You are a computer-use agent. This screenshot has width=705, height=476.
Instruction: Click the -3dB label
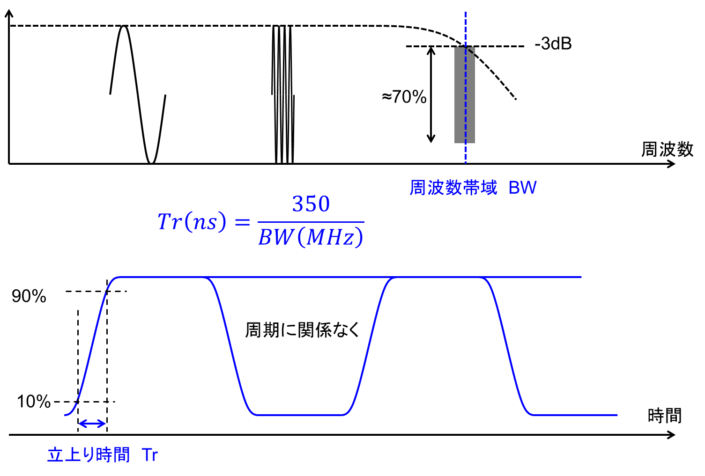[x=553, y=44]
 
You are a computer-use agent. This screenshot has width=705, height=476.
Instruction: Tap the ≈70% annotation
[x=404, y=96]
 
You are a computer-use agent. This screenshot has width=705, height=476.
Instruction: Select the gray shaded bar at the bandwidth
[x=464, y=95]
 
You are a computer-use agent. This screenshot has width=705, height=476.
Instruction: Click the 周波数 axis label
[x=667, y=149]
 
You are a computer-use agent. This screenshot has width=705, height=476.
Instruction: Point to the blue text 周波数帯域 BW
[x=473, y=188]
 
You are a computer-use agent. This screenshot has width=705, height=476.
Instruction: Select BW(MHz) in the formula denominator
[x=311, y=237]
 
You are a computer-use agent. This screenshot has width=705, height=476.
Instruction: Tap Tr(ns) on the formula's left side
[x=192, y=221]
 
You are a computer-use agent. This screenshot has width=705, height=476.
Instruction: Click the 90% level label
[x=29, y=296]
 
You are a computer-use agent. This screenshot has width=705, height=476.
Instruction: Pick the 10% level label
[x=34, y=402]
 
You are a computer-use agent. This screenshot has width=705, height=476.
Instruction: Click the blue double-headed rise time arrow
[x=92, y=424]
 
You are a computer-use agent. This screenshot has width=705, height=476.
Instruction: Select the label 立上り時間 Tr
[x=103, y=454]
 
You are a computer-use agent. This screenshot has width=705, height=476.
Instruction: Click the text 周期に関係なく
[x=302, y=330]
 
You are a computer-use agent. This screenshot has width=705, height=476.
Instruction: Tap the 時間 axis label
[x=665, y=415]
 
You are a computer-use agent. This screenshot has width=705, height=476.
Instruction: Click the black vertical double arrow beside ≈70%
[x=431, y=95]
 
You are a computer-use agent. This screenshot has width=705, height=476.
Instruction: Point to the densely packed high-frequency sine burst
[x=283, y=95]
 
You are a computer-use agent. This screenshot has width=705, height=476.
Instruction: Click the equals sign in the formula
[x=242, y=223]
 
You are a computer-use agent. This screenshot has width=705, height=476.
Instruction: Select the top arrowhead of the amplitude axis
[x=9, y=13]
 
